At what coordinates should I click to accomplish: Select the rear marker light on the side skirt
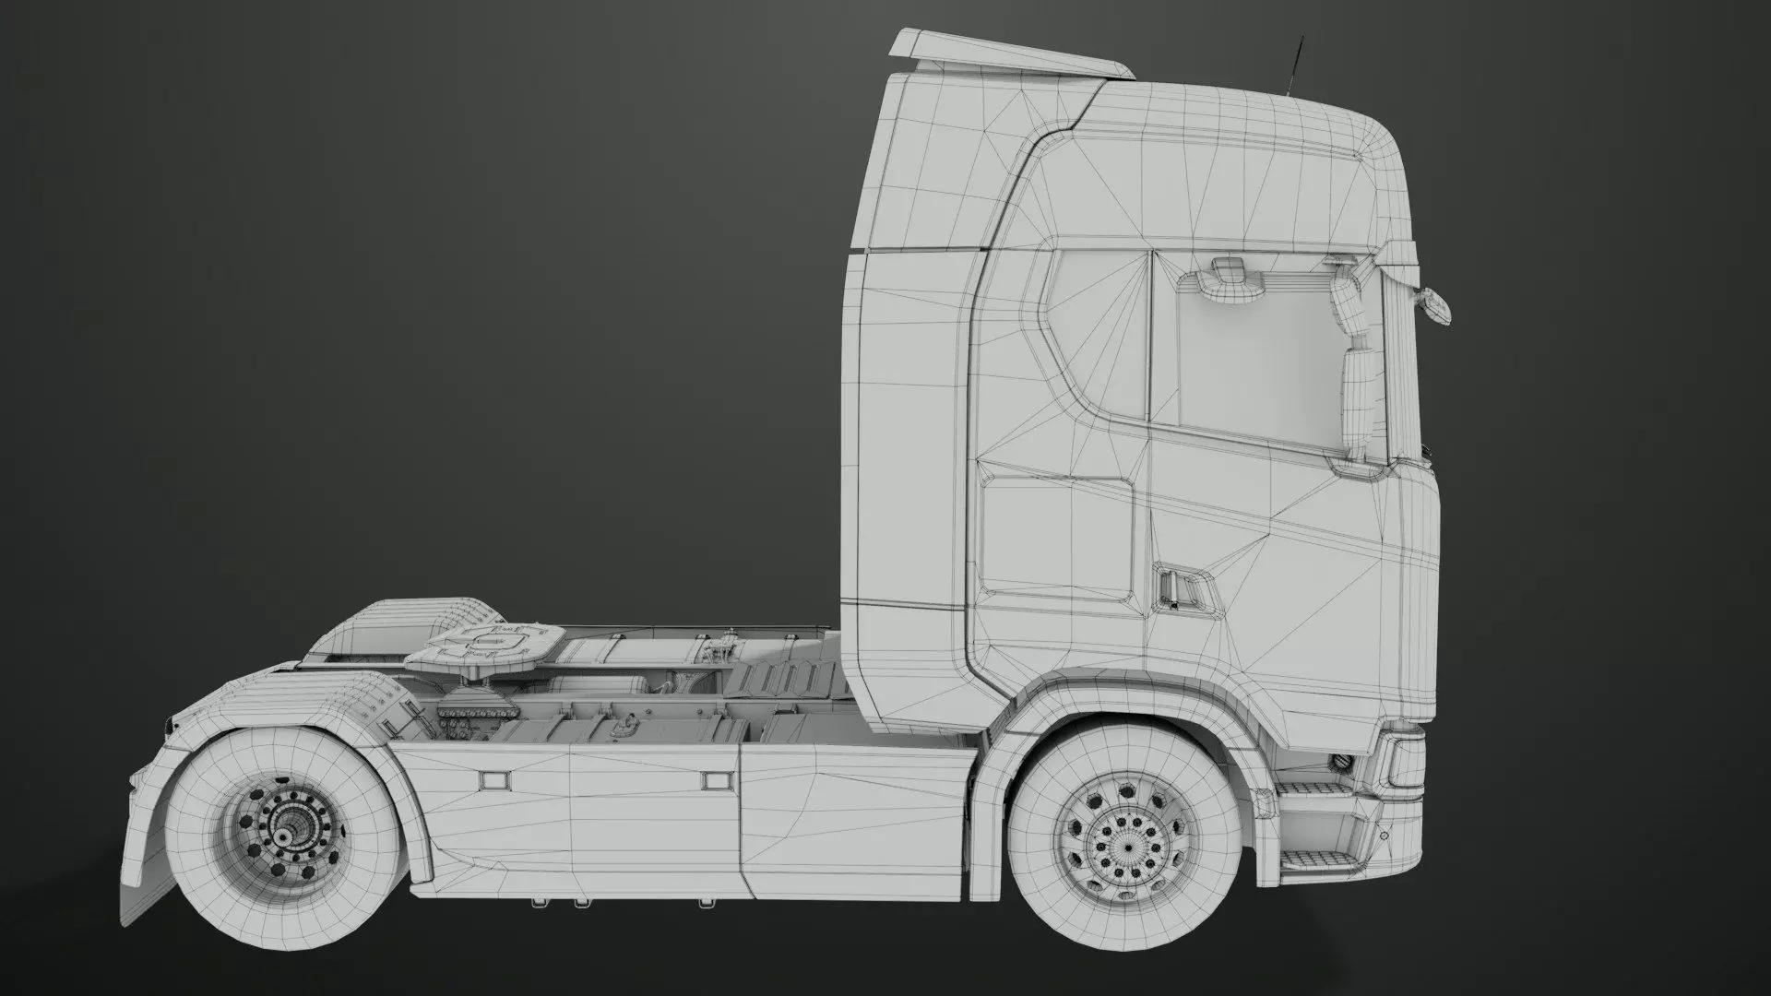click(x=495, y=778)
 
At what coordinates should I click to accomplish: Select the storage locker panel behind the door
click(x=1055, y=534)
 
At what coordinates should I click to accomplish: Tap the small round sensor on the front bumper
click(x=1384, y=836)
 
